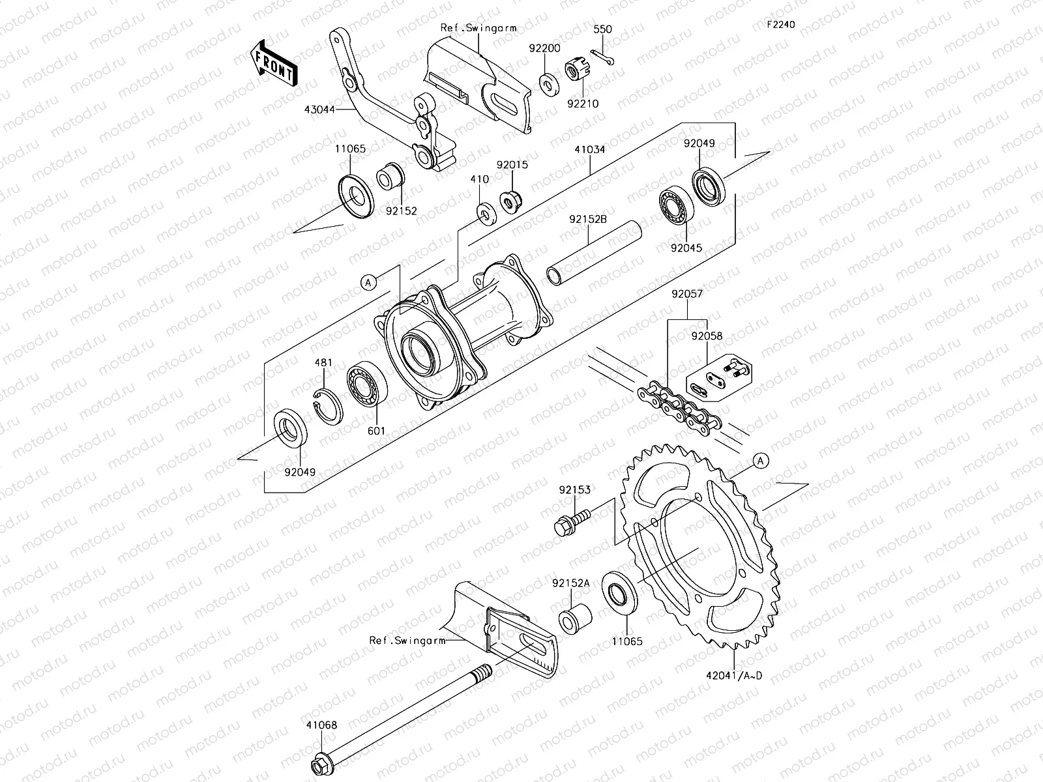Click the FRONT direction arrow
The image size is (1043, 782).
pyautogui.click(x=274, y=63)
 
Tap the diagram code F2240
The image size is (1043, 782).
pyautogui.click(x=780, y=25)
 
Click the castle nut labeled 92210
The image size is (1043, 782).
pyautogui.click(x=577, y=72)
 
